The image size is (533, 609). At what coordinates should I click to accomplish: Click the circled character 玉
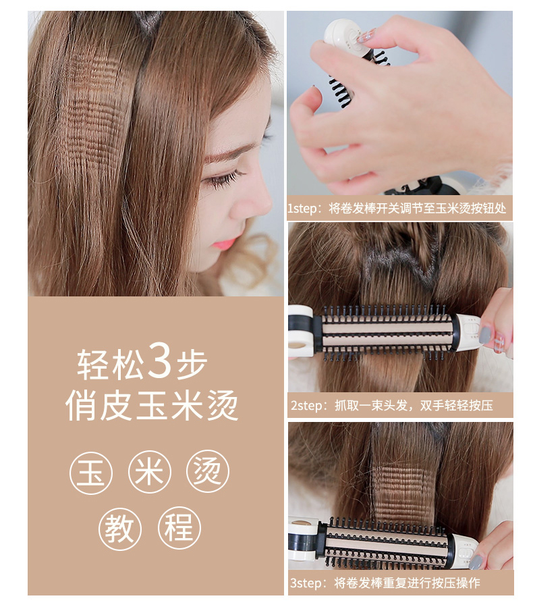coord(91,473)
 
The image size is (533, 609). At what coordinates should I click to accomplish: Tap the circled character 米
coord(150,471)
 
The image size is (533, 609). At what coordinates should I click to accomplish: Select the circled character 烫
coord(208,471)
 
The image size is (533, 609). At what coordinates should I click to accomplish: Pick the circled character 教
coord(120,529)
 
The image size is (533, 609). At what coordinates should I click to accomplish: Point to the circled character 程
coord(179,527)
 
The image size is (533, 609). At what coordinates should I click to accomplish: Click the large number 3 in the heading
coord(159,360)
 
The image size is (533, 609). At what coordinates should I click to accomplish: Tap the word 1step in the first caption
coord(302,209)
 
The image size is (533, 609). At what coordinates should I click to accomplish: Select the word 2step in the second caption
coord(306,406)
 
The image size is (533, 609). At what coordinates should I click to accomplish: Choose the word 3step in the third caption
coord(306,583)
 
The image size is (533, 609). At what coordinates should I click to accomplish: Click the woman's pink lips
coord(223,244)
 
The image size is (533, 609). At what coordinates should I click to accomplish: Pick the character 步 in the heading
coord(192,365)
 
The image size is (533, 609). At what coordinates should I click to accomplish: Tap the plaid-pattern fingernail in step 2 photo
coord(499,343)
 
